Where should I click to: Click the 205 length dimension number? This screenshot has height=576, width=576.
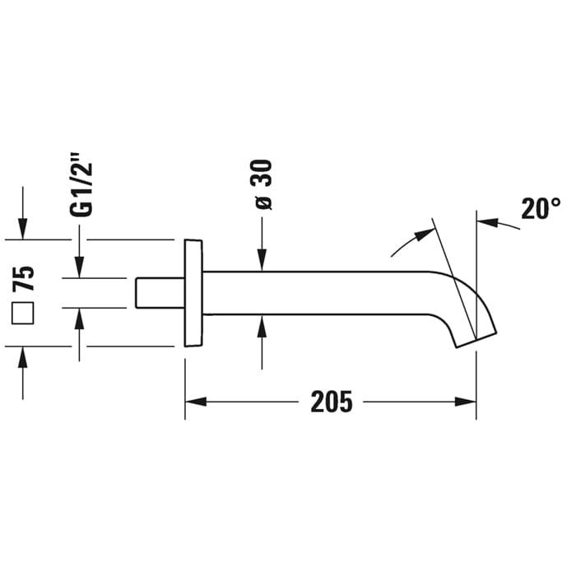[x=332, y=402]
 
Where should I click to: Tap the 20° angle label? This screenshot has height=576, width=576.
[x=541, y=209]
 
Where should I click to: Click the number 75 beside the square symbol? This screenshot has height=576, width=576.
[x=23, y=278]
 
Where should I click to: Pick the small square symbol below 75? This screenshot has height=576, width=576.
[x=23, y=314]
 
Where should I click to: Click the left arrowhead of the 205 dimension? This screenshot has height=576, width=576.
[x=196, y=402]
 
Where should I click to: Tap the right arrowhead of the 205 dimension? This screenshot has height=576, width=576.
[x=466, y=402]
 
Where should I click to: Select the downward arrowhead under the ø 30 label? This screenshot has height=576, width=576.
[x=262, y=260]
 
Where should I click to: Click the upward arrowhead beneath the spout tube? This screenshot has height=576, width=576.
[x=262, y=326]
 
